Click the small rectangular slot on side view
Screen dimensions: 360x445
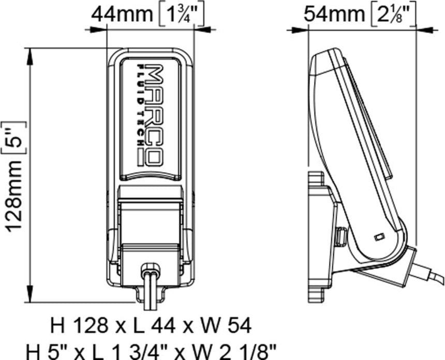coord(379,236)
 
